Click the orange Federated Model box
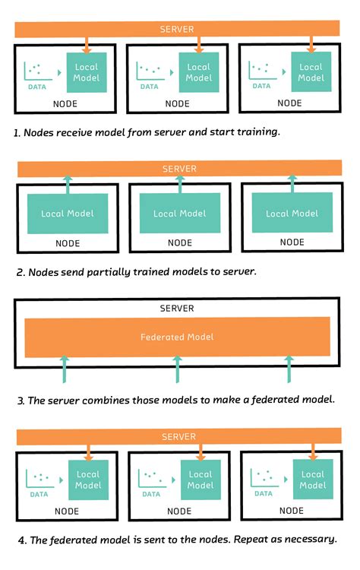pyautogui.click(x=177, y=337)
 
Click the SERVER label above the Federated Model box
pyautogui.click(x=177, y=309)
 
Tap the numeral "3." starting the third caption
pyautogui.click(x=21, y=401)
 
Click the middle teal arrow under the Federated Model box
pyautogui.click(x=177, y=369)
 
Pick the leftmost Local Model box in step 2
pyautogui.click(x=68, y=214)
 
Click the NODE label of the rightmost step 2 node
pyautogui.click(x=292, y=242)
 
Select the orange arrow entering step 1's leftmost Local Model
pyautogui.click(x=87, y=45)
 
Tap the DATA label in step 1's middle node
pyautogui.click(x=150, y=87)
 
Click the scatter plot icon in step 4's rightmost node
pyautogui.click(x=264, y=477)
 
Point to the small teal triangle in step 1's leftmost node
pyautogui.click(x=59, y=73)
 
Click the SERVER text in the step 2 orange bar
pyautogui.click(x=179, y=169)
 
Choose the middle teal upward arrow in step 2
pyautogui.click(x=180, y=185)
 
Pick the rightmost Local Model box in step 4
pyautogui.click(x=313, y=479)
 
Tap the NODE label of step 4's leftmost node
pyautogui.click(x=67, y=511)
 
